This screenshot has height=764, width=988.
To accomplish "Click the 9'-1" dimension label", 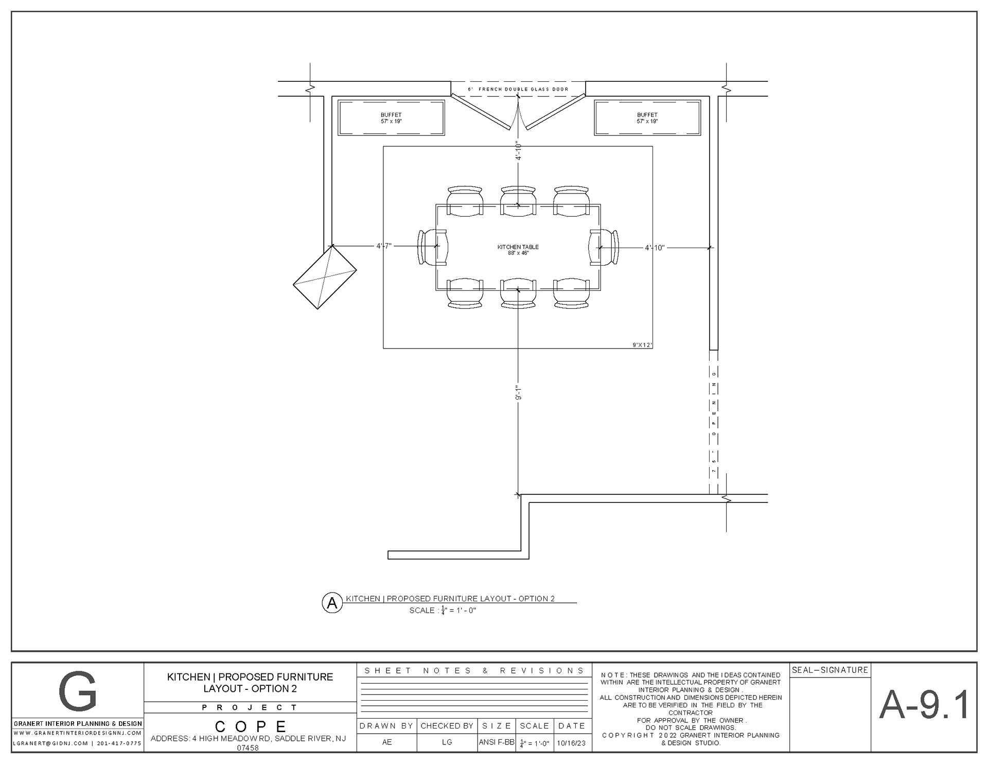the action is [x=519, y=393].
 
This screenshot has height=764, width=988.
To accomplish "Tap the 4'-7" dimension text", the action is [x=384, y=246].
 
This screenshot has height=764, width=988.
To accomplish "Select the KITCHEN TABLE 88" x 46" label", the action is [x=518, y=250].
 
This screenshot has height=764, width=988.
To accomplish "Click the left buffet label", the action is [x=391, y=118].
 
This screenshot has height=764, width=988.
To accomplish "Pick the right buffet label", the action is [x=647, y=118].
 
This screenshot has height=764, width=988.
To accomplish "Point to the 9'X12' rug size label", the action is [x=643, y=345].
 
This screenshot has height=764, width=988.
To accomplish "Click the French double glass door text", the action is [x=518, y=90].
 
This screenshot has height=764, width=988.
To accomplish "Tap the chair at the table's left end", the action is [x=432, y=247].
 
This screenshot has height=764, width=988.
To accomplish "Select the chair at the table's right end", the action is [x=604, y=247].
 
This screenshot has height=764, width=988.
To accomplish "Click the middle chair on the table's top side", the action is [x=518, y=201].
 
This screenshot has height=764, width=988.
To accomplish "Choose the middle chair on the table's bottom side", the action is [x=518, y=293].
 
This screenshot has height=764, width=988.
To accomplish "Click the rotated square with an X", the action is [x=325, y=277].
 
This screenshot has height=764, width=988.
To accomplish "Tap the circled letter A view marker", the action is [x=332, y=603].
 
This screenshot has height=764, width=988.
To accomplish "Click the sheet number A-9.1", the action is [x=924, y=705].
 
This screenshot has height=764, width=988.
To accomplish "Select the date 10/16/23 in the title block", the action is [x=571, y=743].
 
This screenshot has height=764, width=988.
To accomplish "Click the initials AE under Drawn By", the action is [x=387, y=743].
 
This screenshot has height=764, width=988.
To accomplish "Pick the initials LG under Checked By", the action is [x=447, y=743].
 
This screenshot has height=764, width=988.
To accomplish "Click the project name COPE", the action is [x=250, y=726].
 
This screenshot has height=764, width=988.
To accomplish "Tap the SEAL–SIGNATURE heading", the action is [x=830, y=670].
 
